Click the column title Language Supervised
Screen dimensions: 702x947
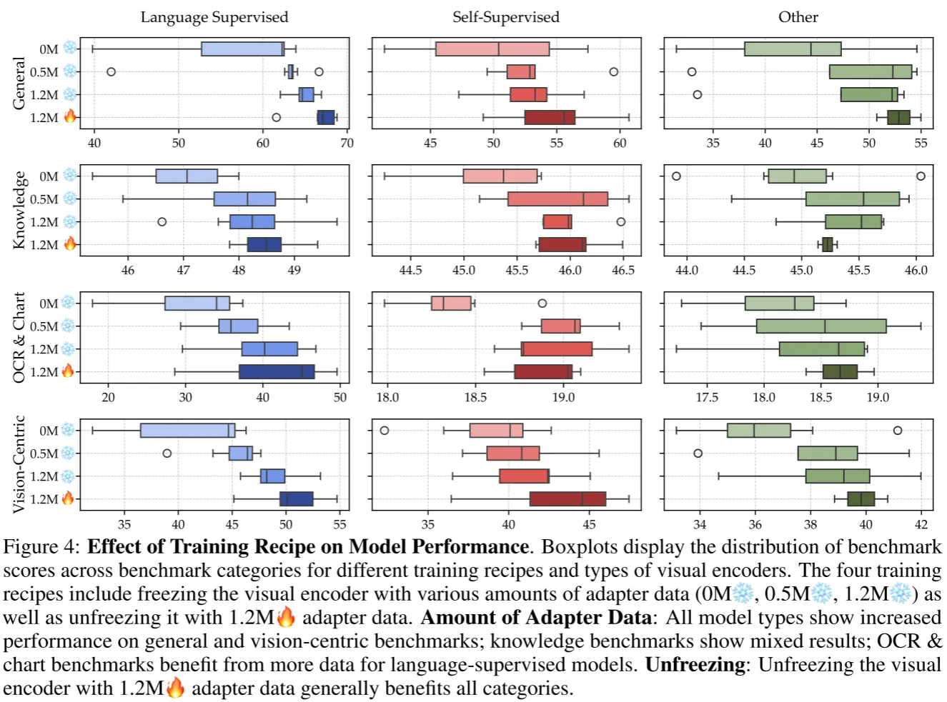click(x=214, y=17)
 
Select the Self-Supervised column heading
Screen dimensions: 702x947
click(x=506, y=17)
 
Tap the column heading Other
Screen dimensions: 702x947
click(x=798, y=17)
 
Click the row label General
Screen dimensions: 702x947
click(x=19, y=84)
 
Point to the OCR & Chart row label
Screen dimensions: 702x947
click(x=19, y=337)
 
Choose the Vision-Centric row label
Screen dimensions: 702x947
click(x=19, y=464)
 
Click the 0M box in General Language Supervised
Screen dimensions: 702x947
click(x=242, y=49)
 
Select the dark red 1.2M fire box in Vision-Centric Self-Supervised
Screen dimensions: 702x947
click(x=567, y=498)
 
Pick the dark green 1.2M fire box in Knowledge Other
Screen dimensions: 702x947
click(x=828, y=244)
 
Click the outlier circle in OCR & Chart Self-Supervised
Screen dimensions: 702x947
click(x=542, y=304)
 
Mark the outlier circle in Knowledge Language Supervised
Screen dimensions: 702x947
click(x=162, y=222)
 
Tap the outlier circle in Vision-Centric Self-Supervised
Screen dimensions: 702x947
click(x=385, y=431)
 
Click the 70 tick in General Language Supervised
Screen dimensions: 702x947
click(x=347, y=143)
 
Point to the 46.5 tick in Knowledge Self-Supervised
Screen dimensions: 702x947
click(x=623, y=270)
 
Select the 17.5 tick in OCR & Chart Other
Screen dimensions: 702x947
click(x=707, y=397)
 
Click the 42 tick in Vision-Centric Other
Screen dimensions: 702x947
click(x=921, y=524)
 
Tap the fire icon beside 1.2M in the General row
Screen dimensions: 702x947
click(x=70, y=116)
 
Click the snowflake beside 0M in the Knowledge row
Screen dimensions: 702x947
click(x=69, y=175)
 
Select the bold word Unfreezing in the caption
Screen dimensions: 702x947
click(x=695, y=665)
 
